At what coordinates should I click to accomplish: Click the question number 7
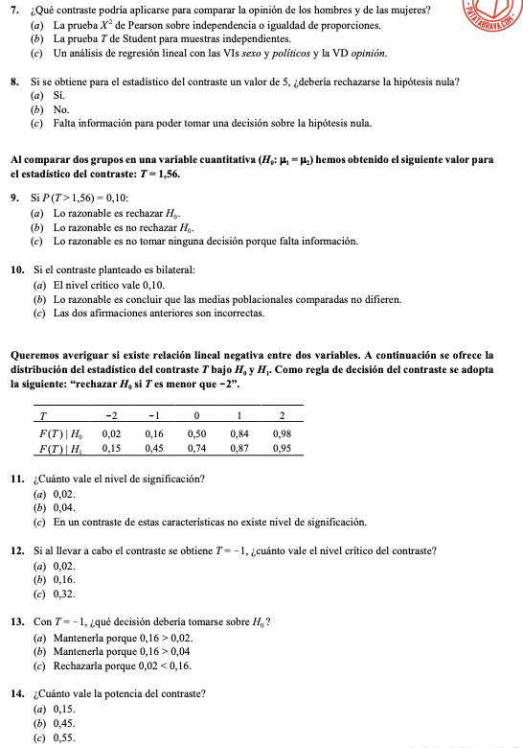pos(12,10)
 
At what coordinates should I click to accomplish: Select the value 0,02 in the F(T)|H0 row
pos(112,432)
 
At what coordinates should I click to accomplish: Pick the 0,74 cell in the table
pos(196,447)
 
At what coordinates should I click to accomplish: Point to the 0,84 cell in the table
pos(239,432)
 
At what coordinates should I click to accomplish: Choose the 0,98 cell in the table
pos(282,432)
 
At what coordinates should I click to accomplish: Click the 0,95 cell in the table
pos(282,447)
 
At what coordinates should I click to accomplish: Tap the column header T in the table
pos(43,415)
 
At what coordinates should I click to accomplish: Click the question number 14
pos(16,693)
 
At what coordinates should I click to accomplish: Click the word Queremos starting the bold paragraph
pos(35,355)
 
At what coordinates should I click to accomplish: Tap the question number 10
pos(16,270)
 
